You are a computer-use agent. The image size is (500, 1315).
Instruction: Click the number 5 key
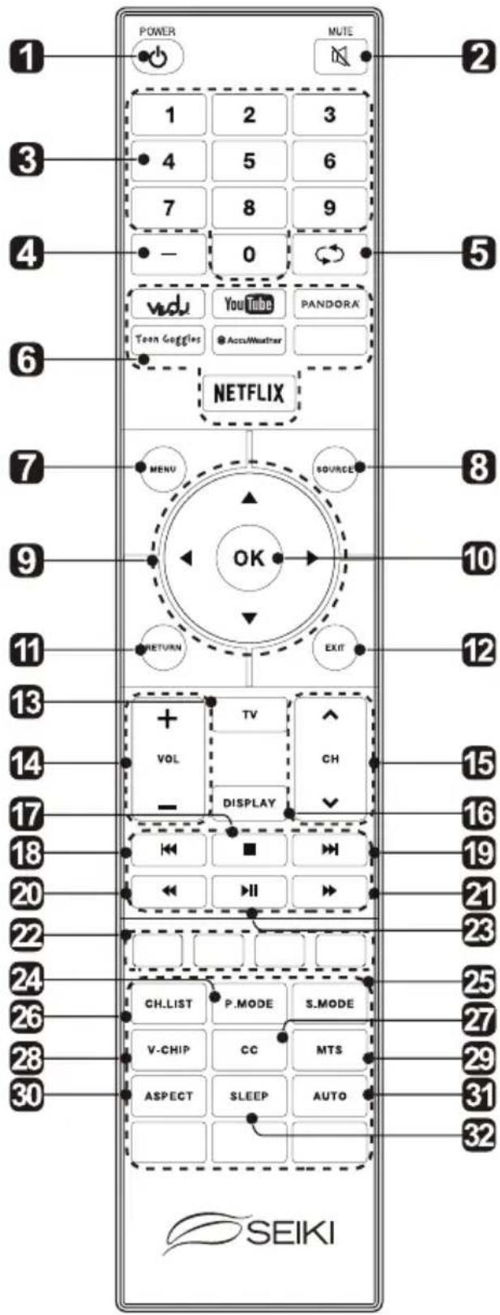(x=249, y=160)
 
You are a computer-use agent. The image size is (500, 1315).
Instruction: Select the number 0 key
(x=249, y=254)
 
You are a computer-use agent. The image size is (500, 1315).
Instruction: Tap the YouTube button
(x=249, y=304)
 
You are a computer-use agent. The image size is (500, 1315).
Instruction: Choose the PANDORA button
(x=329, y=304)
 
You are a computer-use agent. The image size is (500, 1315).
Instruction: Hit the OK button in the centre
(x=249, y=557)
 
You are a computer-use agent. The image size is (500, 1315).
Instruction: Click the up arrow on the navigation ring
(x=249, y=497)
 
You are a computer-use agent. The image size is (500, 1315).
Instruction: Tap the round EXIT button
(x=335, y=648)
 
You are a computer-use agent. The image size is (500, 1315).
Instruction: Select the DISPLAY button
(x=250, y=803)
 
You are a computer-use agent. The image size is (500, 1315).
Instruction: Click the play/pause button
(x=249, y=891)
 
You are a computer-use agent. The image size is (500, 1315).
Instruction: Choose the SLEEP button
(x=249, y=1095)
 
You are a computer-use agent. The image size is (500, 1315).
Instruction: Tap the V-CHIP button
(x=169, y=1050)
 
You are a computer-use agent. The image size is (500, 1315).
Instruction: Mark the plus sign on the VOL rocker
(x=168, y=719)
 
